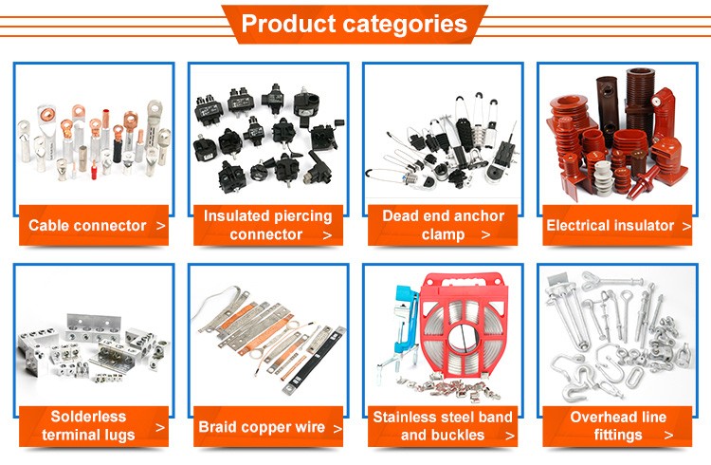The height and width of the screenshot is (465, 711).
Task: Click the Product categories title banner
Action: (355, 24)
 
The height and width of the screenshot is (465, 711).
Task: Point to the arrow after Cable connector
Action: (160, 226)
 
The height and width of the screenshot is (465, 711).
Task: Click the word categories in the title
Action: (406, 24)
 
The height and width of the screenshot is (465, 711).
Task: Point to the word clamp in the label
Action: (443, 235)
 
